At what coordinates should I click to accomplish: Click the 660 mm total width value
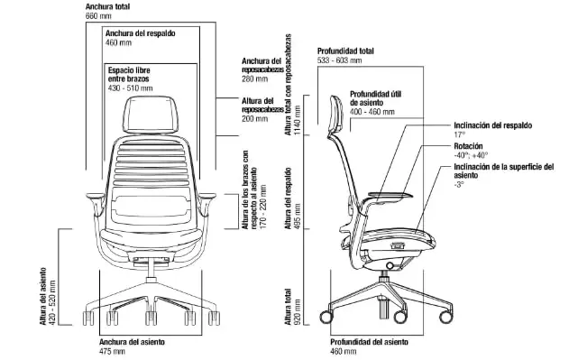pos(98,16)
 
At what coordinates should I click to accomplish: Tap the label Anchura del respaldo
pos(140,33)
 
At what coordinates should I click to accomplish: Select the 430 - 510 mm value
pos(130,88)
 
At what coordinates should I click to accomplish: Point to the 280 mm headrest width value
pos(255,78)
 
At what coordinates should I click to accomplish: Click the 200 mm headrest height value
pos(255,119)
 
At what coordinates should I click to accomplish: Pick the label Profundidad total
pos(345,51)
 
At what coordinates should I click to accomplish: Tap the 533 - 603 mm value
pos(340,60)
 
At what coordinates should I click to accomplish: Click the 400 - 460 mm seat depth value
pos(372,112)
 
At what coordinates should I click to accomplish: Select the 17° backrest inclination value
pos(459,134)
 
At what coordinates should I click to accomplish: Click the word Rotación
pos(469,146)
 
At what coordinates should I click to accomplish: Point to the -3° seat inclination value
pos(459,184)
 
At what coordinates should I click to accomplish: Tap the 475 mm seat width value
pos(112,351)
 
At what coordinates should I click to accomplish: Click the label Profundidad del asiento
pos(369,342)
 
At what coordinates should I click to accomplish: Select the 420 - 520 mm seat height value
pos(52,302)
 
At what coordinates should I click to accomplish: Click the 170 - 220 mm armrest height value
pos(263,207)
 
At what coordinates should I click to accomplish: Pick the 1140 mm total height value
pos(298,121)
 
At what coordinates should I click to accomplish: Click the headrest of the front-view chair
pos(151,114)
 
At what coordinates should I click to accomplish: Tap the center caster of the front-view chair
pos(151,318)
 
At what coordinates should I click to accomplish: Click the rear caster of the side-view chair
pos(326,317)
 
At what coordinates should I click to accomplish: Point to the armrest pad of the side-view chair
pos(390,196)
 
